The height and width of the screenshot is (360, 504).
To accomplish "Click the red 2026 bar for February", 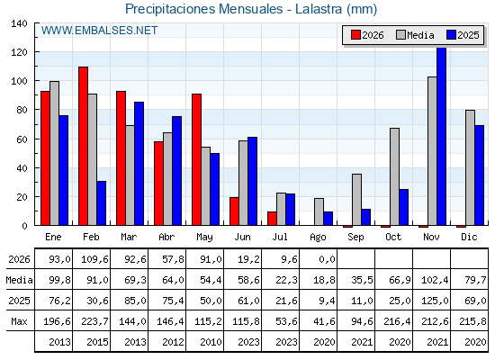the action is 83,146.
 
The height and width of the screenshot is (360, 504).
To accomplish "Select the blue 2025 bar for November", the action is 442,136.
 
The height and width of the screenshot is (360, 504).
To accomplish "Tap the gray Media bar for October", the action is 395,176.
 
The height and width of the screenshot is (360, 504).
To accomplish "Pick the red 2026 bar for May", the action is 197,159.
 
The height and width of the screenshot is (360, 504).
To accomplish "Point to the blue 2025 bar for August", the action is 328,219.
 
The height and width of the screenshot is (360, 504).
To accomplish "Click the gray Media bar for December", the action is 470,167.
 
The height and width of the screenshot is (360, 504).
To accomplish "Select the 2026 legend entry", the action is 367,35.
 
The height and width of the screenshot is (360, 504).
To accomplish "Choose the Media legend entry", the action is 415,35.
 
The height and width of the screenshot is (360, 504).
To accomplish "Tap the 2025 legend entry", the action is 463,35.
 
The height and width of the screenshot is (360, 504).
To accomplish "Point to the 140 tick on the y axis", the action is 19,23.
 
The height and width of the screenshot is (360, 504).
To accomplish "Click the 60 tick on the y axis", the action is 22,139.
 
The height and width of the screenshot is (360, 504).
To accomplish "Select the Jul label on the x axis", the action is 280,237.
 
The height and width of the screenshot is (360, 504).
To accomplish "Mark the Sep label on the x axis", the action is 355,238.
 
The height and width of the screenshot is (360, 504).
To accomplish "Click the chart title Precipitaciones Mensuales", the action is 203,9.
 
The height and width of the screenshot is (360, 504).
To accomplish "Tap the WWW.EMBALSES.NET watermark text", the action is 99,31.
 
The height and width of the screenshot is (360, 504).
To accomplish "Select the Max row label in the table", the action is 19,321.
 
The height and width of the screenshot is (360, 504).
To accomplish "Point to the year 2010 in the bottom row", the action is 211,342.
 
